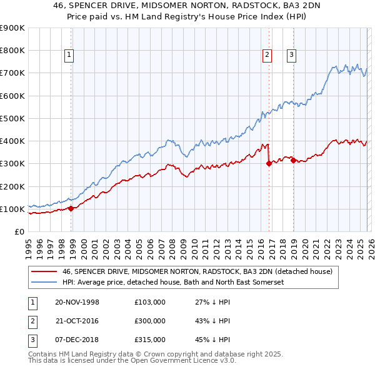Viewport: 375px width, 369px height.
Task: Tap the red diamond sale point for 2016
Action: click(x=269, y=164)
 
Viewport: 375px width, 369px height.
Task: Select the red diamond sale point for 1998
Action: click(x=71, y=208)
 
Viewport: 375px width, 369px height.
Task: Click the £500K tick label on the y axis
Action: click(x=12, y=118)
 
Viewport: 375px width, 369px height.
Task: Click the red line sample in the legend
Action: click(x=44, y=271)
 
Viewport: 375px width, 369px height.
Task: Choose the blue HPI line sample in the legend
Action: click(x=44, y=282)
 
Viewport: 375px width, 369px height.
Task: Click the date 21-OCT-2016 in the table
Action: click(x=77, y=321)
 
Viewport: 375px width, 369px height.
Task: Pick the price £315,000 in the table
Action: click(x=149, y=340)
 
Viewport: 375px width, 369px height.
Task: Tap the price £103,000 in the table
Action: click(x=149, y=302)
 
